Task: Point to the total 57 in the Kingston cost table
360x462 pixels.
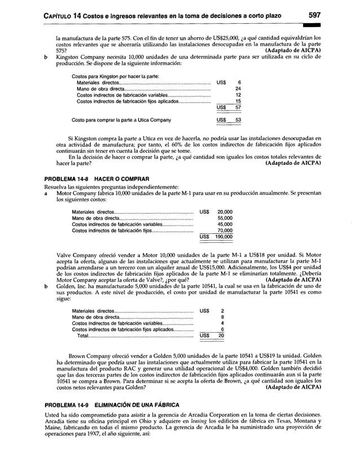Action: coord(238,107)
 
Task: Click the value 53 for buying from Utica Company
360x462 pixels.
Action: coord(238,120)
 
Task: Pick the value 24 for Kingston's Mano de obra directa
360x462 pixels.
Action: coord(238,89)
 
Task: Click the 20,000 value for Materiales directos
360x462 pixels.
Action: coord(225,212)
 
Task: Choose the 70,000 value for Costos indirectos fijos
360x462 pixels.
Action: coord(225,230)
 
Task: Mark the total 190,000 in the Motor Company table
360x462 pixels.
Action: coord(223,237)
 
